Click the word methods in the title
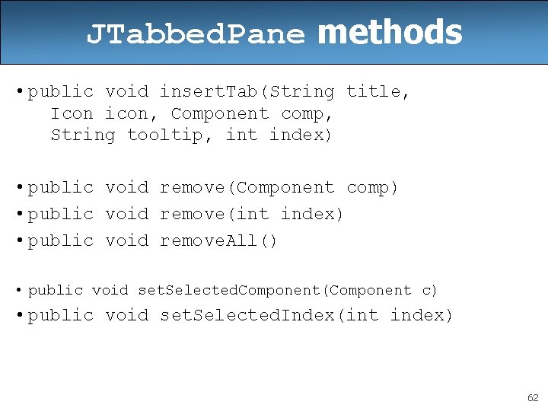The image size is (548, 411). point(389,33)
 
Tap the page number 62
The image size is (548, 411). point(533,398)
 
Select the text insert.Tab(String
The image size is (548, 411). point(247,92)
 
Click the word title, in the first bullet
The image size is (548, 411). point(378,92)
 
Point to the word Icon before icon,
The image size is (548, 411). point(72,113)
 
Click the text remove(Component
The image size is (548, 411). point(247,187)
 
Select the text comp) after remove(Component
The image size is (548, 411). point(372,187)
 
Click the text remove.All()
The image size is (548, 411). point(219,241)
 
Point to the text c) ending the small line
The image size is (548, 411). point(430,291)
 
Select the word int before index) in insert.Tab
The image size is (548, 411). point(241,135)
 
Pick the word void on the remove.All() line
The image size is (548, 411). point(126,241)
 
